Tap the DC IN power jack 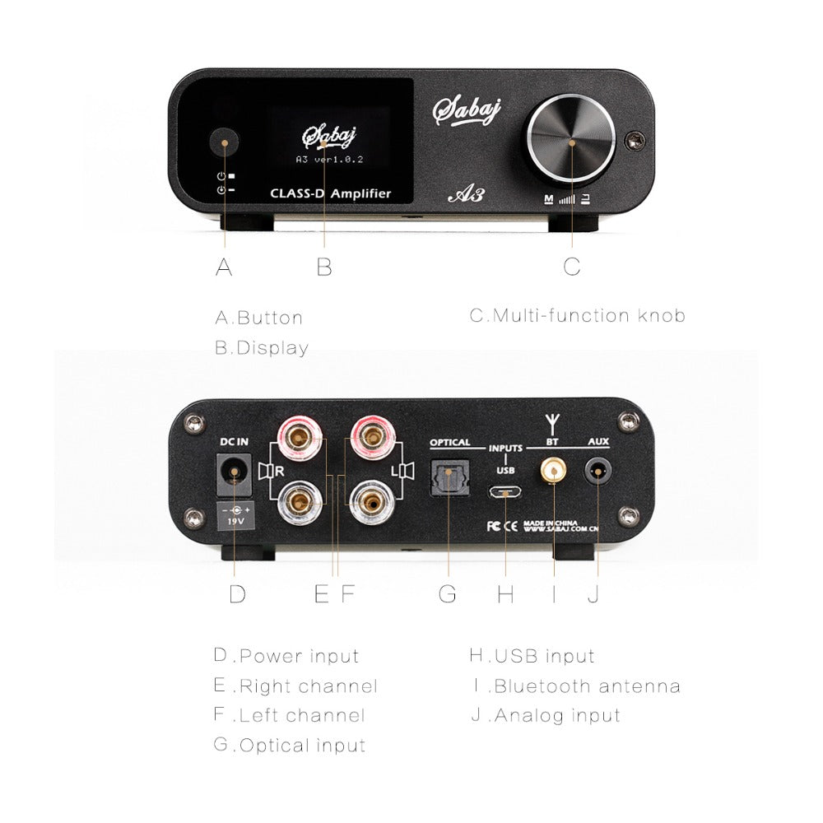[x=234, y=475]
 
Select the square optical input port [x=449, y=477]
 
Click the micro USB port [x=505, y=493]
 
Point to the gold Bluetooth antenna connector [x=553, y=472]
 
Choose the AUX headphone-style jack [x=598, y=472]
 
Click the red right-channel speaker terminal [x=300, y=438]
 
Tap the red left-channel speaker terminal [x=373, y=437]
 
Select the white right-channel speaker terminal [x=300, y=504]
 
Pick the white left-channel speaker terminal [x=373, y=504]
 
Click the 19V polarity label [x=235, y=515]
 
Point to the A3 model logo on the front [x=466, y=195]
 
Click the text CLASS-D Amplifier [x=331, y=193]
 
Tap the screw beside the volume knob [x=635, y=142]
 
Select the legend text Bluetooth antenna [x=587, y=686]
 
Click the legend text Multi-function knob [x=589, y=315]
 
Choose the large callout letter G [x=447, y=594]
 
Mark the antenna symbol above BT [x=552, y=424]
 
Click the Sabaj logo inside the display [x=328, y=136]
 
